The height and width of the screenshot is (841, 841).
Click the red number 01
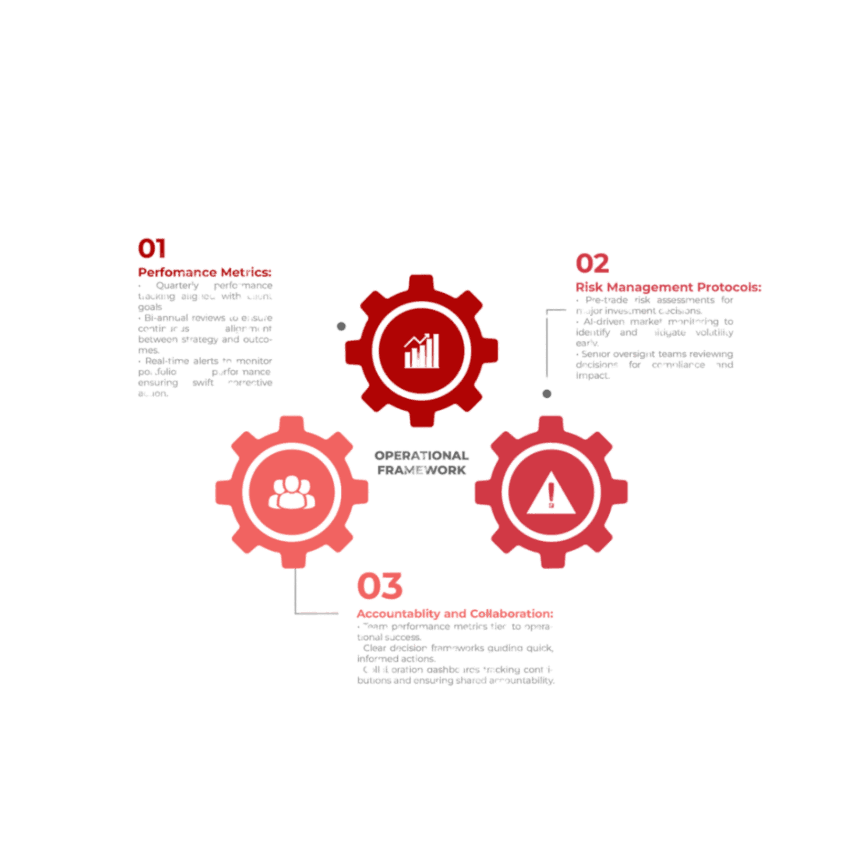pyautogui.click(x=152, y=249)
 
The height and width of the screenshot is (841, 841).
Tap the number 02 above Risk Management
pyautogui.click(x=592, y=263)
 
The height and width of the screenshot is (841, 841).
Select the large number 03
pyautogui.click(x=379, y=585)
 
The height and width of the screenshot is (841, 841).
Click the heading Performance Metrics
pyautogui.click(x=204, y=272)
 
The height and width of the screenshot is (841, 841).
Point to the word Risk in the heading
pyautogui.click(x=589, y=287)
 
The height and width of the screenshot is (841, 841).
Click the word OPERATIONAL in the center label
pyautogui.click(x=421, y=455)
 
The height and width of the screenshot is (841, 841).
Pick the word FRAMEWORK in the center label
pyautogui.click(x=421, y=469)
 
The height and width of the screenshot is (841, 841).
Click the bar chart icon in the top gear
pyautogui.click(x=421, y=351)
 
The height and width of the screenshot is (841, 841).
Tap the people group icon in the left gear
pyautogui.click(x=291, y=493)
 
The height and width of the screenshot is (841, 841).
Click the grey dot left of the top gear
pyautogui.click(x=341, y=326)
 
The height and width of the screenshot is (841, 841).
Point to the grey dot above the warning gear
pyautogui.click(x=547, y=394)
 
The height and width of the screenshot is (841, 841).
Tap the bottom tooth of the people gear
pyautogui.click(x=292, y=560)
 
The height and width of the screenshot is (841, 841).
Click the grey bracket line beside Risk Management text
pyautogui.click(x=546, y=344)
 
